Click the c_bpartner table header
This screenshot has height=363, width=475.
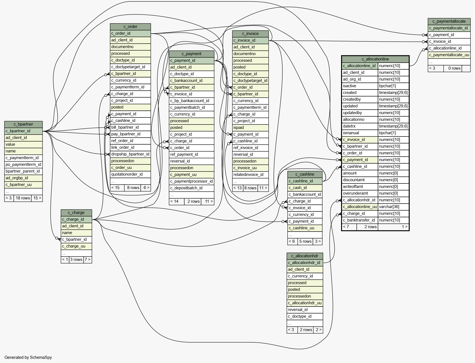[x=23, y=124]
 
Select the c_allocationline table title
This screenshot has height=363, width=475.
[x=375, y=59]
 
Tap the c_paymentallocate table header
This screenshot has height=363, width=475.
[x=449, y=21]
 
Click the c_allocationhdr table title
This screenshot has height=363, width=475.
[x=305, y=256]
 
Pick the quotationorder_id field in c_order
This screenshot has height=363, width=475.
[x=127, y=174]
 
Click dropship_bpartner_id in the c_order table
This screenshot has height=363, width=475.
[x=130, y=154]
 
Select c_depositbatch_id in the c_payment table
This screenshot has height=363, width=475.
[x=186, y=188]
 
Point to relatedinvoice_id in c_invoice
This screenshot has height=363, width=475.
[x=248, y=175]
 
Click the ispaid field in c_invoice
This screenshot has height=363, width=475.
[x=239, y=128]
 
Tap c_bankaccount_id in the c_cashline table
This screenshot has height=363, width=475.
[x=305, y=194]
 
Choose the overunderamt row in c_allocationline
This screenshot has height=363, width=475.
[x=356, y=193]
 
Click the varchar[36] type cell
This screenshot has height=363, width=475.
[x=389, y=207]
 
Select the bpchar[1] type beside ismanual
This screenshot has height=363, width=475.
[x=387, y=133]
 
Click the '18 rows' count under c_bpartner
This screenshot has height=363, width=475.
[x=23, y=198]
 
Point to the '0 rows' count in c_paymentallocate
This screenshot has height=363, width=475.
[x=454, y=68]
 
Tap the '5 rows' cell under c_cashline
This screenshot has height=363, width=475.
[x=305, y=241]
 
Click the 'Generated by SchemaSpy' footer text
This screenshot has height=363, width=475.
[x=28, y=357]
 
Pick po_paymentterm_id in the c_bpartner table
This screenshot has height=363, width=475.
[x=23, y=164]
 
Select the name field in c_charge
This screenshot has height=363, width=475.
[x=67, y=233]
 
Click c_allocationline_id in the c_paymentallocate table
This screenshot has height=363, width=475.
[x=445, y=48]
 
